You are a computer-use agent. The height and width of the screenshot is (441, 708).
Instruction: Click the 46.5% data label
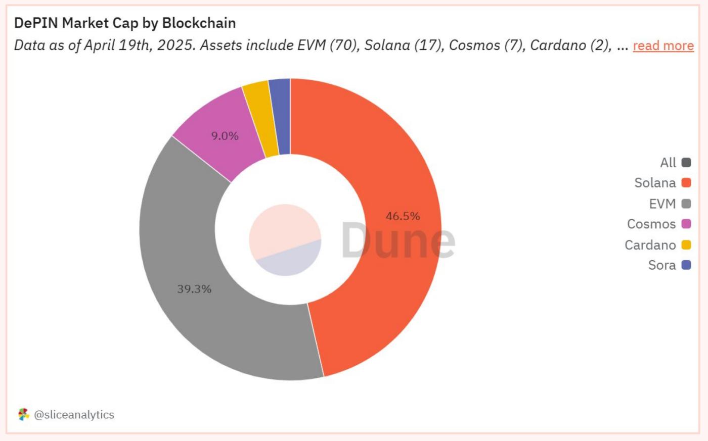403,216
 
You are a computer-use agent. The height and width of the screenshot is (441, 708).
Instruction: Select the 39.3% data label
194,289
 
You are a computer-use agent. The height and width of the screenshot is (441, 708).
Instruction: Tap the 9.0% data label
225,136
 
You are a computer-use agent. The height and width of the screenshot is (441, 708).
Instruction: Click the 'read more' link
663,45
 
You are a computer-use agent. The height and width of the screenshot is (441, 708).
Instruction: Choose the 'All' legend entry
668,163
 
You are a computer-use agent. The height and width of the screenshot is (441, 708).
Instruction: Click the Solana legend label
655,183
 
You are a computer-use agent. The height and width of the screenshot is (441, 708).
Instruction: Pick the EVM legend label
662,204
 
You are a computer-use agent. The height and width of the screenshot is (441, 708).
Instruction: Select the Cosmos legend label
651,224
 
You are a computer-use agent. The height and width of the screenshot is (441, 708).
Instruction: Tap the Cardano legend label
650,245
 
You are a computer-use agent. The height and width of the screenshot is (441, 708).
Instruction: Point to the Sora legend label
661,265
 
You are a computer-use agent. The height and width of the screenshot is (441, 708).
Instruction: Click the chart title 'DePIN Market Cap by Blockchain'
124,23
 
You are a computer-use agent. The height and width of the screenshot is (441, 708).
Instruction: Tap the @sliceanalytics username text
74,415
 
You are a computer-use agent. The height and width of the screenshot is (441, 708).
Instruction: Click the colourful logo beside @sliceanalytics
24,415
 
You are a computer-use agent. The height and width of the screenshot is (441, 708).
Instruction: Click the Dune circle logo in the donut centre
285,240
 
